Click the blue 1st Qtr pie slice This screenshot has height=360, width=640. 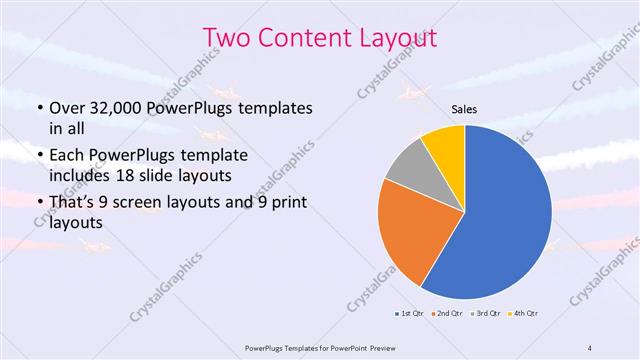click(505, 215)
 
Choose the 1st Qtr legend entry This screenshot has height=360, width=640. click(410, 314)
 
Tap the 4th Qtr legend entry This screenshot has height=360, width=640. click(526, 314)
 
